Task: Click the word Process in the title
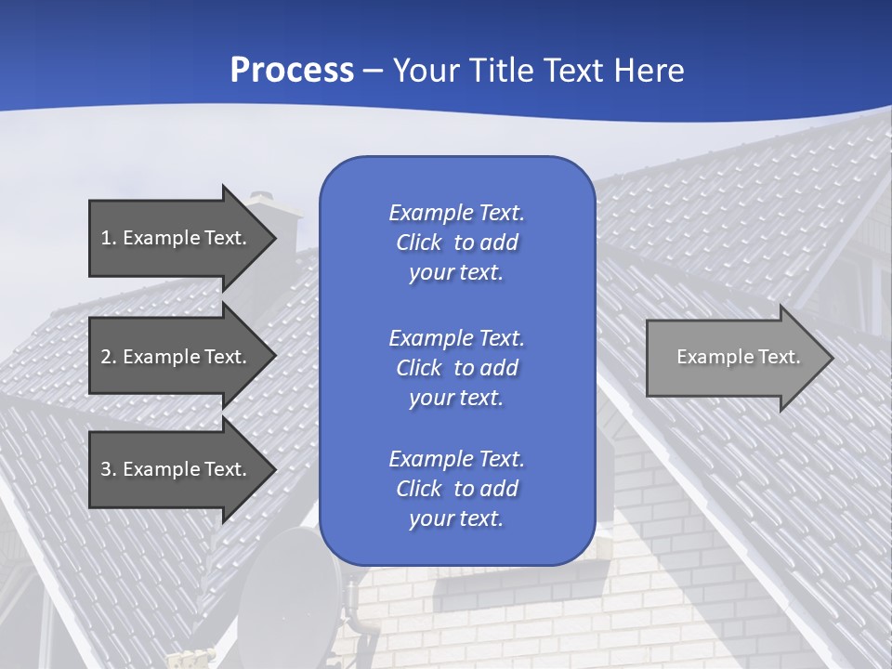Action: pos(292,71)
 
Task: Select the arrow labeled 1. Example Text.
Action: pos(174,238)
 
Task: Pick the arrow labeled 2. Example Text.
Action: pos(174,357)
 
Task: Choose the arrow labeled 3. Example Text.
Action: pos(174,469)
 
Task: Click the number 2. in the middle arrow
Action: pos(109,357)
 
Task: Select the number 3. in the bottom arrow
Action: pos(109,469)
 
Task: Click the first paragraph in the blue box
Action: pos(456,243)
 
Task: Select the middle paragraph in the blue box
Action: pos(456,368)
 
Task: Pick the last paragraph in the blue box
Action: pos(456,489)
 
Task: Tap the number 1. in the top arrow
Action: pos(109,238)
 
